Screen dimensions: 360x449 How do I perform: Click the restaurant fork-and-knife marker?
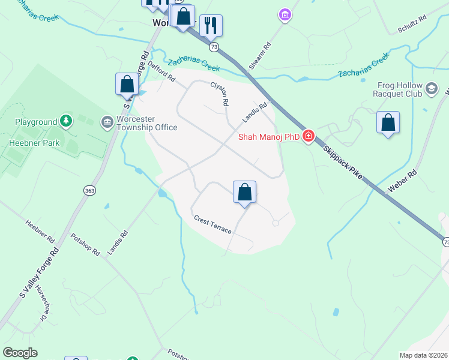click(x=211, y=25)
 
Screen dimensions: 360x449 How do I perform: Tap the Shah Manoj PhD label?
click(x=268, y=137)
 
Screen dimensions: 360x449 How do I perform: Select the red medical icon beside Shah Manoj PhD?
click(x=309, y=136)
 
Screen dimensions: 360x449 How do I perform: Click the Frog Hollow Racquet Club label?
click(x=400, y=90)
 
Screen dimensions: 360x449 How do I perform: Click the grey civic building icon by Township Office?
click(x=107, y=122)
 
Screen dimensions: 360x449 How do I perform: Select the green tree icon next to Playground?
click(x=66, y=122)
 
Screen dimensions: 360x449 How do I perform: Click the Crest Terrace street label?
click(x=212, y=225)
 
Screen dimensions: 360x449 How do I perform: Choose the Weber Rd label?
click(x=402, y=180)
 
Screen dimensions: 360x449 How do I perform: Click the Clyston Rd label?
click(x=219, y=94)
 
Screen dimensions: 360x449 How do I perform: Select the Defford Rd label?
click(x=161, y=73)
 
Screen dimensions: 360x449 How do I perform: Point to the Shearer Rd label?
click(x=261, y=55)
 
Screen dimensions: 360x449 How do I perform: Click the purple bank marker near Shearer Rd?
click(x=285, y=14)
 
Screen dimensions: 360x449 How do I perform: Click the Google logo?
click(x=20, y=353)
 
